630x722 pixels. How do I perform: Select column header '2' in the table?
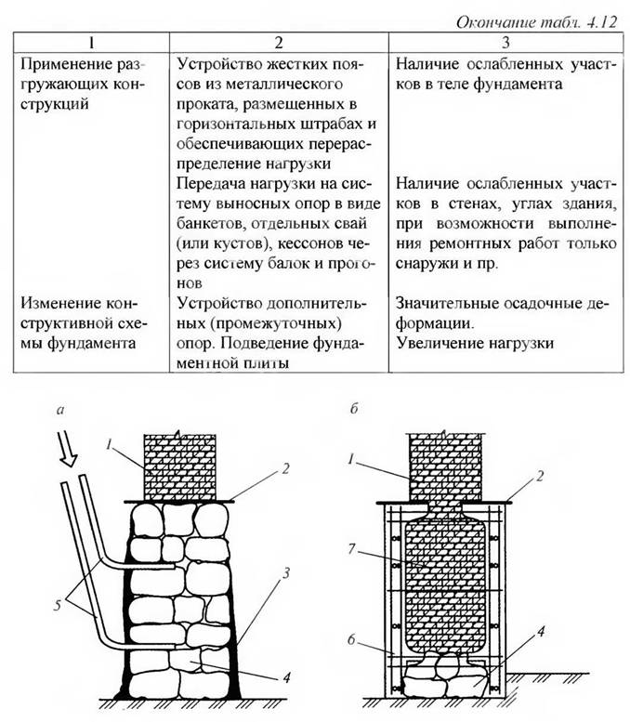click(x=278, y=42)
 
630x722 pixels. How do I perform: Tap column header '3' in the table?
click(x=505, y=42)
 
